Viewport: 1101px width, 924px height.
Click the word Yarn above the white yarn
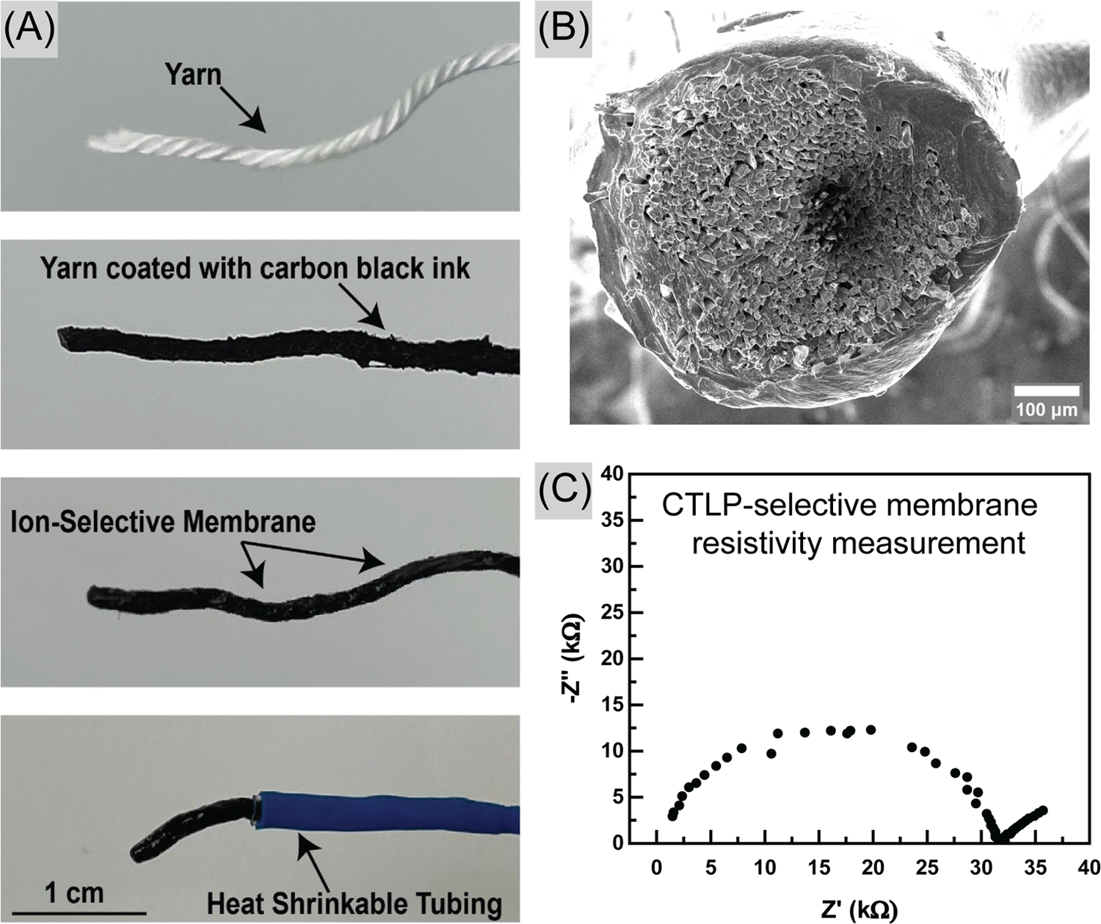point(193,73)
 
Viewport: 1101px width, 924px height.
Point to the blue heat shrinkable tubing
point(382,812)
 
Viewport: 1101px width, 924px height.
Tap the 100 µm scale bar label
point(1046,409)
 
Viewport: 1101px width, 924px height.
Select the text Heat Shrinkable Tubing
point(355,902)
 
